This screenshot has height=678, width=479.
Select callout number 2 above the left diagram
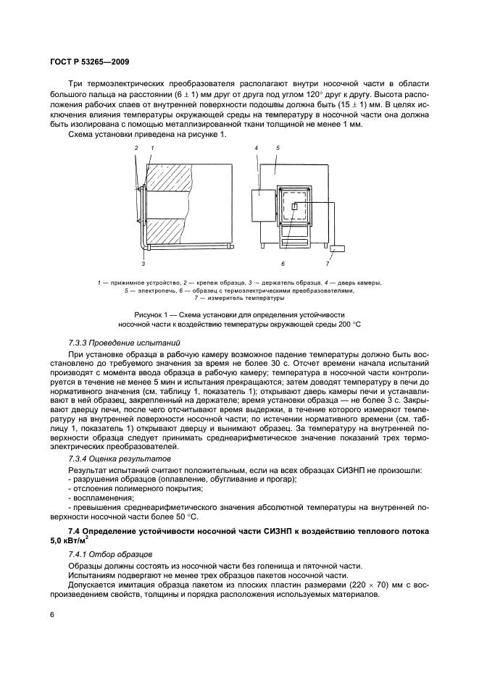click(136, 148)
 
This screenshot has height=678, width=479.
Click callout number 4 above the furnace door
click(257, 148)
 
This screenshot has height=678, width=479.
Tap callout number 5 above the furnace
click(278, 148)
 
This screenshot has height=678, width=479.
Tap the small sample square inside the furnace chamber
click(293, 207)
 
